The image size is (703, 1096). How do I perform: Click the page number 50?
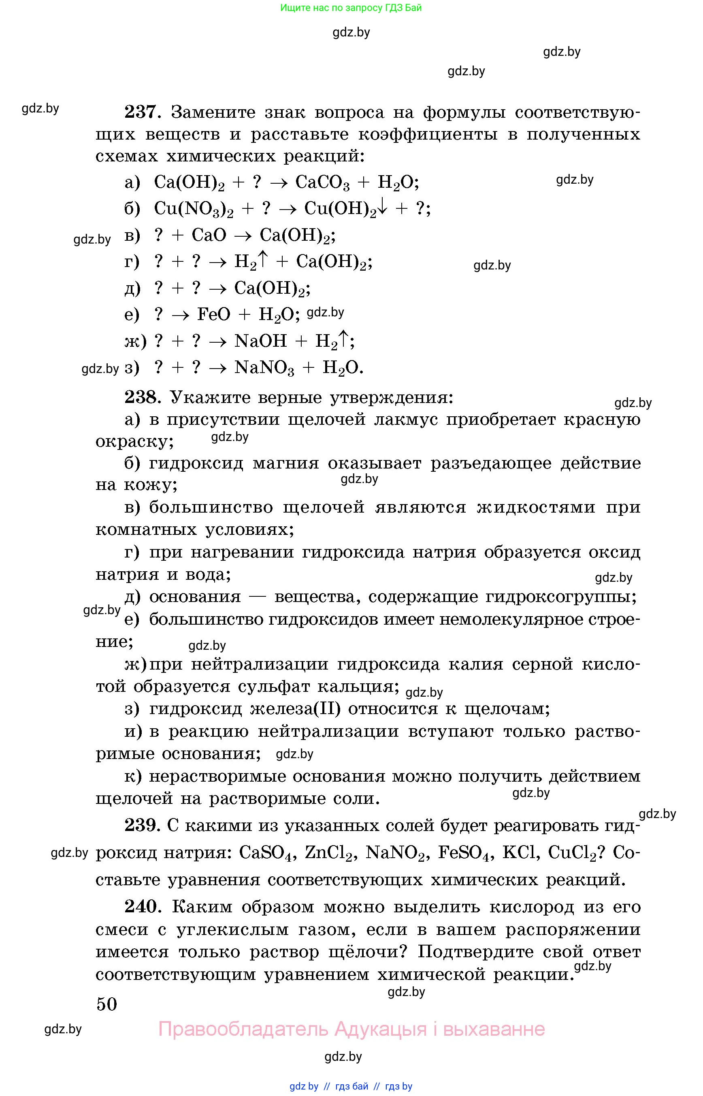pyautogui.click(x=107, y=1004)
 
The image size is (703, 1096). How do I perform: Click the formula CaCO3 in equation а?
pyautogui.click(x=322, y=182)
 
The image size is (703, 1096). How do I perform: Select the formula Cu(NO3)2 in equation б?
pyautogui.click(x=194, y=209)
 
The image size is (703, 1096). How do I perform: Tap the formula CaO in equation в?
pyautogui.click(x=209, y=235)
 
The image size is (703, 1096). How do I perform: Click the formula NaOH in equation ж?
pyautogui.click(x=260, y=341)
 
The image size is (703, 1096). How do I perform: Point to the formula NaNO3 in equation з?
pyautogui.click(x=264, y=368)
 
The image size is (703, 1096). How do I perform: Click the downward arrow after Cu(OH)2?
pyautogui.click(x=382, y=208)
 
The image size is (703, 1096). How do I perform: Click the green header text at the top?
pyautogui.click(x=351, y=8)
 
